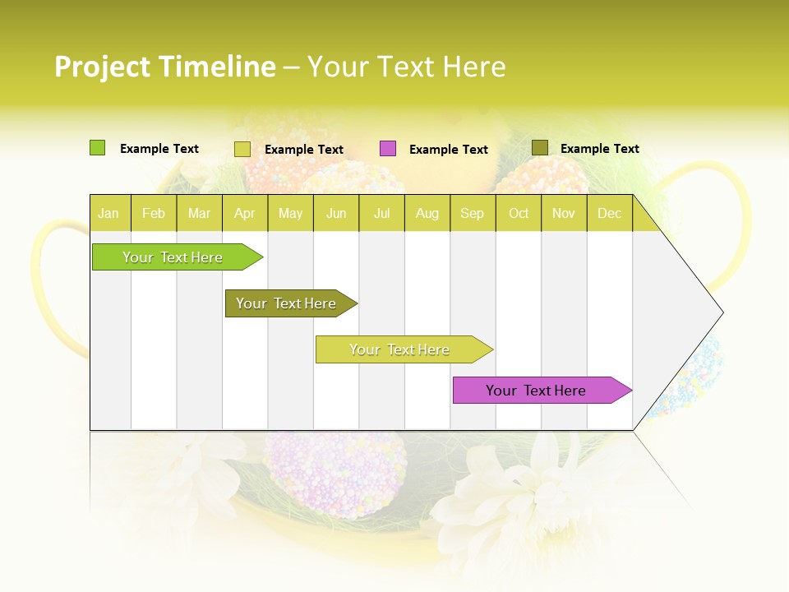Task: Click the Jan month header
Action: [109, 213]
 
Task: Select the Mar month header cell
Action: [199, 213]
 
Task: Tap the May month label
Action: [290, 213]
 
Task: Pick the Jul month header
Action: [381, 213]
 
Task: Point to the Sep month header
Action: [472, 213]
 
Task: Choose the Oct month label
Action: [519, 213]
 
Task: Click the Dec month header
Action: [609, 213]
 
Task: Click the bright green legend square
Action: [97, 148]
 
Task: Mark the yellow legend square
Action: [242, 149]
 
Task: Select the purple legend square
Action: [388, 149]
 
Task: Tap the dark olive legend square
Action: [539, 148]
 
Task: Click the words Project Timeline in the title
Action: [164, 67]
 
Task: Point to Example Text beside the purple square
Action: [448, 150]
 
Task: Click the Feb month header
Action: [154, 213]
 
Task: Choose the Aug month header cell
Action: [427, 213]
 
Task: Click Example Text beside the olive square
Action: [599, 149]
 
